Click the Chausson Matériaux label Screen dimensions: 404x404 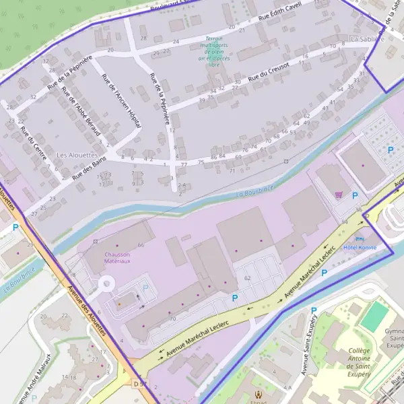(x=116, y=257)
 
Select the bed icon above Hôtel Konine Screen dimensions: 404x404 (x=359, y=238)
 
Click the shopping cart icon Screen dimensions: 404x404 (x=339, y=195)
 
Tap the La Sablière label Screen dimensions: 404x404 (x=367, y=39)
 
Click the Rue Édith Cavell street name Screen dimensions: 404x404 (x=285, y=13)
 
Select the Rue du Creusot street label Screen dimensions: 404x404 (x=269, y=73)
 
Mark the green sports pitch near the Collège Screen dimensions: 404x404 (x=374, y=316)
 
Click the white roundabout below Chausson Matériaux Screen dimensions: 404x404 (x=106, y=285)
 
